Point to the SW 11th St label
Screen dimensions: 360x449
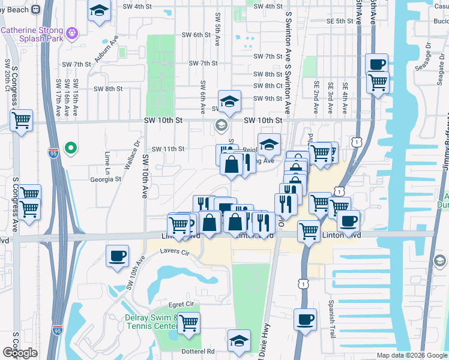coord(167,149)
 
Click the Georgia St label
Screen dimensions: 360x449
coord(106,179)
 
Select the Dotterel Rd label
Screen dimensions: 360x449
coord(199,351)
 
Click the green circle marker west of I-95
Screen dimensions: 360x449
coord(70,148)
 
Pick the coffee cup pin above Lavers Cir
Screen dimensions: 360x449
coord(117,255)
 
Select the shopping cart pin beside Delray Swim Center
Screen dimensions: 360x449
coord(188,323)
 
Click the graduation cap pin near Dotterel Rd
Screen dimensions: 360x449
coord(239,340)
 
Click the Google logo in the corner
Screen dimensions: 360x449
coord(20,353)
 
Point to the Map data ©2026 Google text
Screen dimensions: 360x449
coord(412,355)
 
